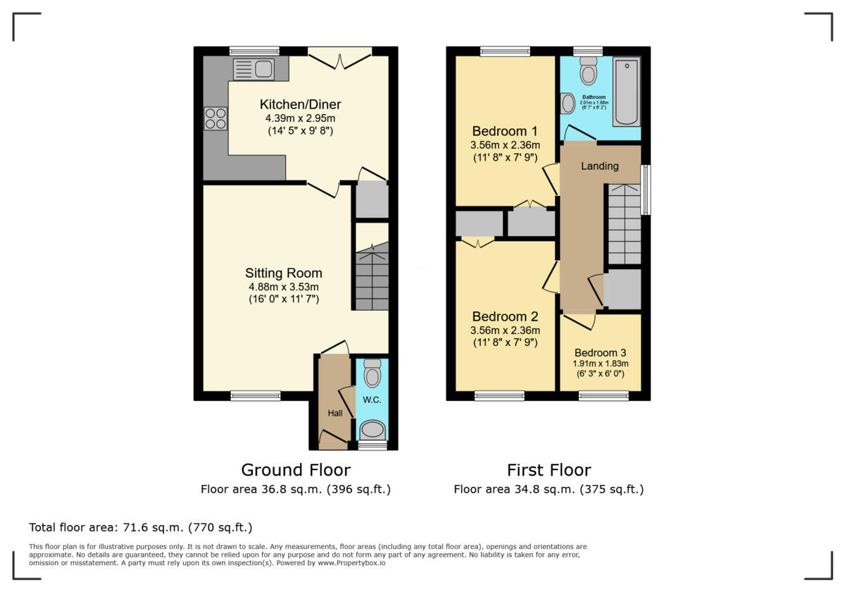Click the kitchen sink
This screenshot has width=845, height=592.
pos(254,69)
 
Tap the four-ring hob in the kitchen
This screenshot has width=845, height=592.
pos(215,118)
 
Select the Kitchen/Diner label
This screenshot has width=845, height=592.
pos(300,105)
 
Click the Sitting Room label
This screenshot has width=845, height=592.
pos(283,273)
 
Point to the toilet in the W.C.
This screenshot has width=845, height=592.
pos(372,374)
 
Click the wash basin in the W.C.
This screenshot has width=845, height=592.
pos(372,429)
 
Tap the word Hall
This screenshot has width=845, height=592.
pos(334,413)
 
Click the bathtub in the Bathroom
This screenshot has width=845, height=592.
pos(626,92)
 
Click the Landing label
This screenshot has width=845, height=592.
pos(599,166)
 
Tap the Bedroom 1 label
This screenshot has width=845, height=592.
pos(505,131)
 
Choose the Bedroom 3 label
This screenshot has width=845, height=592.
pos(600,353)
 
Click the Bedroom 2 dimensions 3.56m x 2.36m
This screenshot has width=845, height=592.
pos(505,331)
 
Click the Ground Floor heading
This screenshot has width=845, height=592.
pos(295,470)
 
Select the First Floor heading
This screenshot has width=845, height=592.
pos(549,470)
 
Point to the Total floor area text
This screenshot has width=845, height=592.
pos(140,527)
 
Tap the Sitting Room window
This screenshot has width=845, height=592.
pos(255,396)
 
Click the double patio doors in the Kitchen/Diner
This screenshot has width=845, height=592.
pos(340,59)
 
